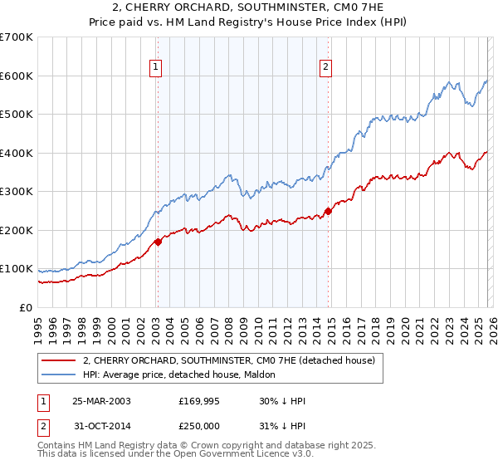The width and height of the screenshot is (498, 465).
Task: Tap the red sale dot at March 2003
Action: [x=158, y=242]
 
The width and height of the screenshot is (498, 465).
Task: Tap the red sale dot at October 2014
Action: [x=328, y=211]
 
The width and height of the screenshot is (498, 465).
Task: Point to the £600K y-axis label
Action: [x=17, y=76]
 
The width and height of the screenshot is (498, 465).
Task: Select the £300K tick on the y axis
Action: [x=17, y=192]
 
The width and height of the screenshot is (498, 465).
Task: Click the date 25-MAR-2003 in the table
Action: [x=101, y=401]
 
